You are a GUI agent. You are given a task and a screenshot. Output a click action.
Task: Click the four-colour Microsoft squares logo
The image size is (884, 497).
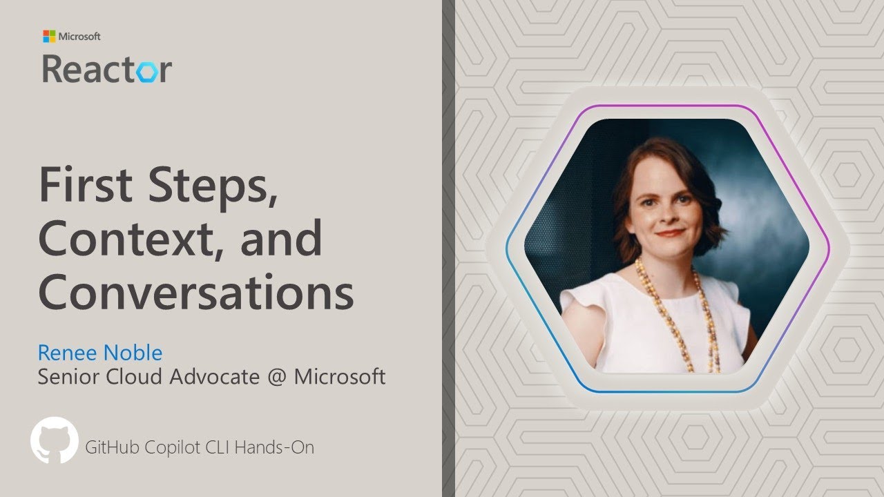[49, 36]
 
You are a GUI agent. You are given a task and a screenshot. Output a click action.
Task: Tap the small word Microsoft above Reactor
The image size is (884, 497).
[79, 36]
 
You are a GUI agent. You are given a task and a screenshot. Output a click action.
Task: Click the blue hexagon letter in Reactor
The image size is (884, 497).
[144, 70]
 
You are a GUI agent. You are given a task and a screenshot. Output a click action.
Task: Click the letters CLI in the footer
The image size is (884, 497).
[218, 447]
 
